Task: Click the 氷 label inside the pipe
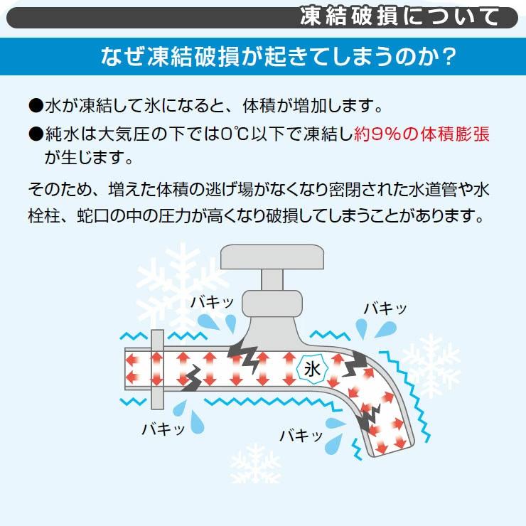[312, 370]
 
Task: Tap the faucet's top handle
[272, 257]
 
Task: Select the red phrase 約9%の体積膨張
[422, 134]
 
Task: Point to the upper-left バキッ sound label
[212, 303]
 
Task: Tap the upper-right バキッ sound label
[386, 308]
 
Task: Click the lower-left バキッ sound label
[163, 429]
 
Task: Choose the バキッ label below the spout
[301, 436]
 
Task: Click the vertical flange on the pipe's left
[157, 370]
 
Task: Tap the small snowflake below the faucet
[255, 464]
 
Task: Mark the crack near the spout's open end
[369, 418]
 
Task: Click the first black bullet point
[36, 106]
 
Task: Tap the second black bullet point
[36, 134]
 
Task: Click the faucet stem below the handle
[272, 280]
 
